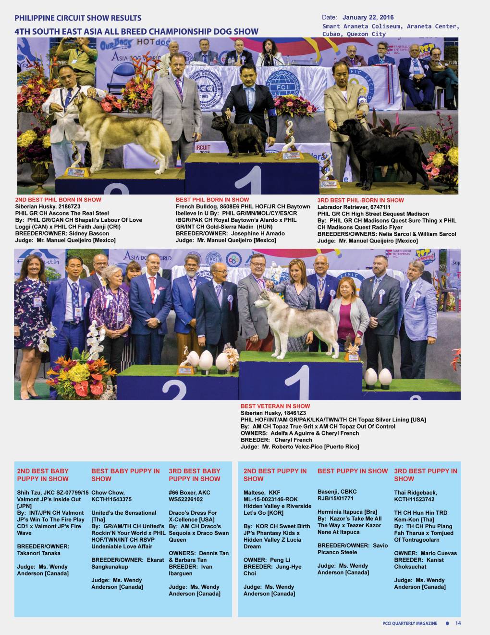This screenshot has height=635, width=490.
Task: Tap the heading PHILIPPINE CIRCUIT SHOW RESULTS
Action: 78,18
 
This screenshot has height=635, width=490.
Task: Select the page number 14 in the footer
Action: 458,623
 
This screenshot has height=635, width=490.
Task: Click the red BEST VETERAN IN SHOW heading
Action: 275,406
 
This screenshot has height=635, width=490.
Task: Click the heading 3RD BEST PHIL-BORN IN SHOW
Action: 360,200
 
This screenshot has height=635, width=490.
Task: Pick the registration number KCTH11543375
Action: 111,499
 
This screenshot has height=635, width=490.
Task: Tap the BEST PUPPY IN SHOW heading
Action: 352,471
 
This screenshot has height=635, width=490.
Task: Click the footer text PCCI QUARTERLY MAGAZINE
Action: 410,623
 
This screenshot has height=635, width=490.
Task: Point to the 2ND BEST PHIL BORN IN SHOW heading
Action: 58,200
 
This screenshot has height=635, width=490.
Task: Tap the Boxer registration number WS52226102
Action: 186,499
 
